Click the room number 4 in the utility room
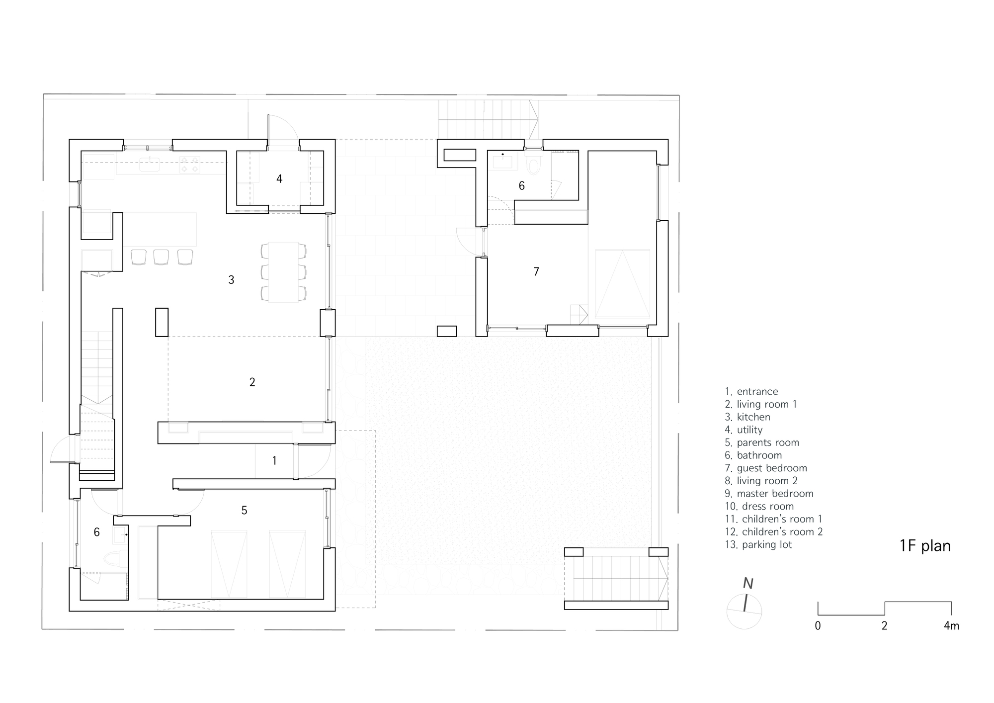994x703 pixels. click(279, 179)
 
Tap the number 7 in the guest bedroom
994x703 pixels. click(536, 271)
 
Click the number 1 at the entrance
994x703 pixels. click(274, 461)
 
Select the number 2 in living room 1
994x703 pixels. click(252, 382)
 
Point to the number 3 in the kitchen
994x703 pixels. click(231, 280)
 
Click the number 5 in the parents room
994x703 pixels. click(244, 511)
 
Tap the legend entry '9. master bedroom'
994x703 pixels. click(769, 494)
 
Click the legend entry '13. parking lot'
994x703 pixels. click(758, 544)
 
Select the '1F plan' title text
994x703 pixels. click(925, 546)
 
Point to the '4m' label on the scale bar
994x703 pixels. click(951, 626)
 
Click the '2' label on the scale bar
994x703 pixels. click(884, 626)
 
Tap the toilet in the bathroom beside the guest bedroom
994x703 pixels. click(533, 165)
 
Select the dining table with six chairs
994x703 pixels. click(283, 272)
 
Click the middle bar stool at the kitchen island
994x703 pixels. click(161, 257)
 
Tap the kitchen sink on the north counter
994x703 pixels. click(149, 164)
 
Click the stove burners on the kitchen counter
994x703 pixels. click(190, 165)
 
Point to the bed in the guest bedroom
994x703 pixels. click(622, 284)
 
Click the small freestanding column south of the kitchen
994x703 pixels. click(162, 322)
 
